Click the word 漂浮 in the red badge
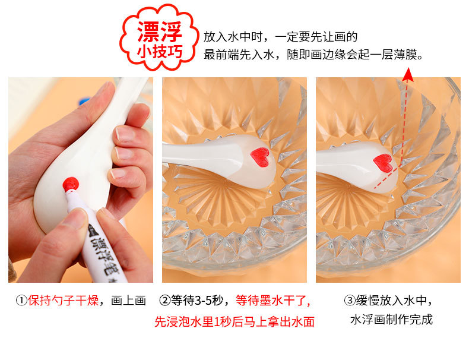[x=159, y=29]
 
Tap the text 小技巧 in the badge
[x=159, y=52]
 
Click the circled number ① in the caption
[x=21, y=301]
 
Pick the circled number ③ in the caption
[x=350, y=301]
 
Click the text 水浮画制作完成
[x=391, y=320]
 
